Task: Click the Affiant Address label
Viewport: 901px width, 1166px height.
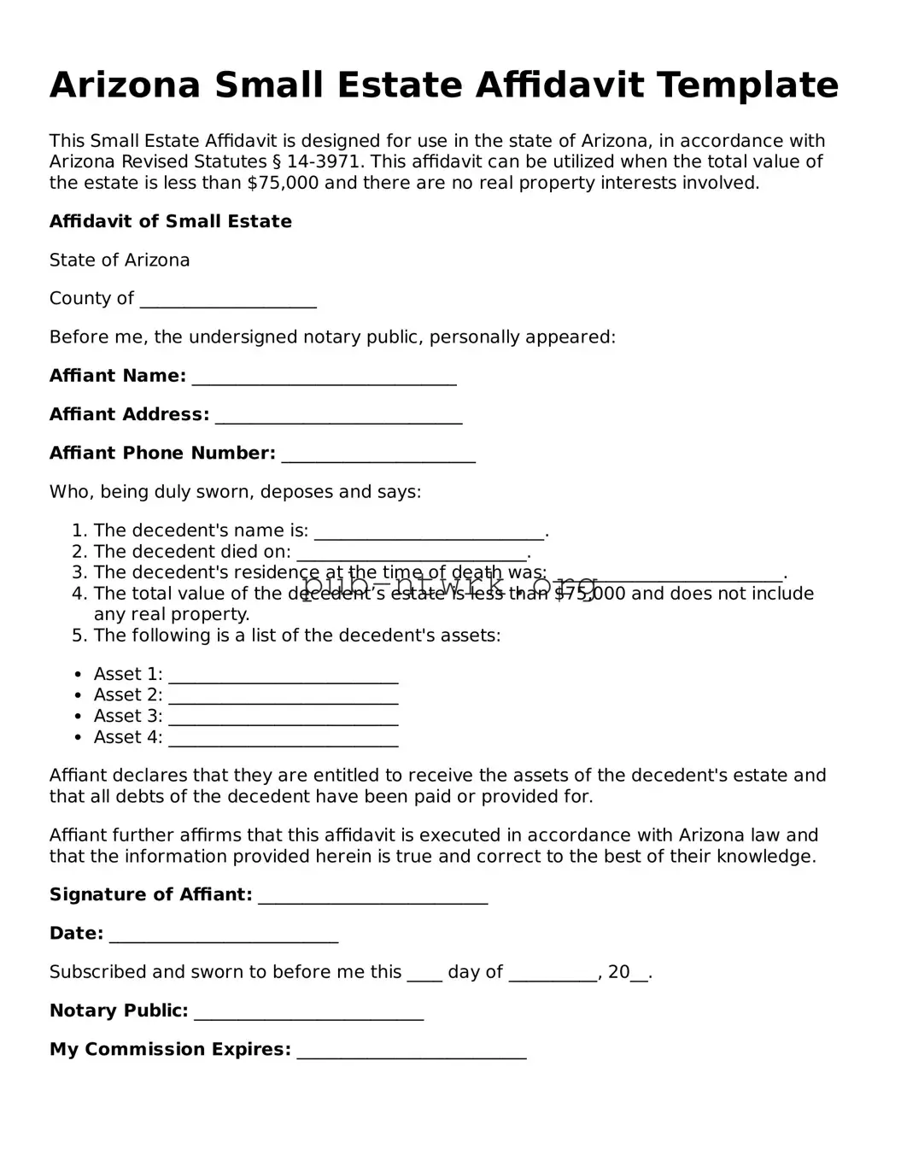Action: coord(129,414)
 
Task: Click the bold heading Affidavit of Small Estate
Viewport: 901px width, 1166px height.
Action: coord(170,221)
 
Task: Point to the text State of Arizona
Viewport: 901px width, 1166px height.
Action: coord(120,260)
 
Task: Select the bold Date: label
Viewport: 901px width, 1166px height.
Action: coord(76,933)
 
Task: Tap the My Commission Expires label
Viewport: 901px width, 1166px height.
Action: coord(170,1049)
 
